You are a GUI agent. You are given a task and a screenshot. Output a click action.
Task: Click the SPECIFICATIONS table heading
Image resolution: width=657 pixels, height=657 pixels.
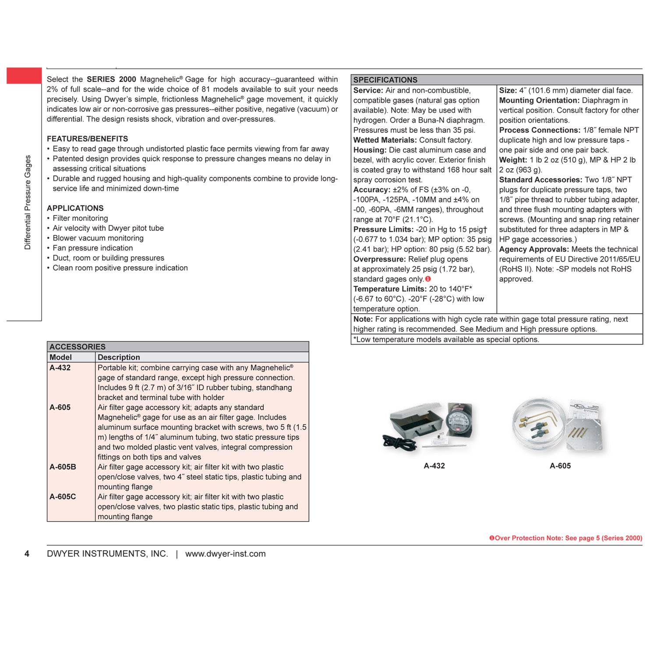[385, 80]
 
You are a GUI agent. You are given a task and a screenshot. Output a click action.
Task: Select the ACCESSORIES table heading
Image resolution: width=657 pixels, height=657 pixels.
[77, 346]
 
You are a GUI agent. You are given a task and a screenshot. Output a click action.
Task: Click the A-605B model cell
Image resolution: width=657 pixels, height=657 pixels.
[63, 467]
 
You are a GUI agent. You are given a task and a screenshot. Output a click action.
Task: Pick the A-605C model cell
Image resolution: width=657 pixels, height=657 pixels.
[63, 497]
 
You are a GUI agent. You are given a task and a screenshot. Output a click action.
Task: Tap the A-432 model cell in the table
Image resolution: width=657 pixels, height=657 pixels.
[60, 368]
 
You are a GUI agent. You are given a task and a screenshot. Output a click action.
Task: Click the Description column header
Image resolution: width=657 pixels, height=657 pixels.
[119, 357]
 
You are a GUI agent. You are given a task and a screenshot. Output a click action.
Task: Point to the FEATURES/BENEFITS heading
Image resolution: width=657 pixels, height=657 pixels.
[87, 139]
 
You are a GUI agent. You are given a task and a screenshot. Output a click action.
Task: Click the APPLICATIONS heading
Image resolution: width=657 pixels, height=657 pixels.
[75, 208]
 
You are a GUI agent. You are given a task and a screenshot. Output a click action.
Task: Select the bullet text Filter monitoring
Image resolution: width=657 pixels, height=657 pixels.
[80, 218]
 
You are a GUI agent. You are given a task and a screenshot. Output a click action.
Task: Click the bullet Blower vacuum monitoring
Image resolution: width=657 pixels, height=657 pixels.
[98, 238]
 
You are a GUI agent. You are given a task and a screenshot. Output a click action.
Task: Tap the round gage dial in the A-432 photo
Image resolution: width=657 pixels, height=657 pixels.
[459, 421]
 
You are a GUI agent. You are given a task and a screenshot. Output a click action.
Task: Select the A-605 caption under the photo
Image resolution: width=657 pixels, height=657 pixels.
[560, 466]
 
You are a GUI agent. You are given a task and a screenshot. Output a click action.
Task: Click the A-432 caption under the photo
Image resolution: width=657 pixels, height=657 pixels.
[434, 466]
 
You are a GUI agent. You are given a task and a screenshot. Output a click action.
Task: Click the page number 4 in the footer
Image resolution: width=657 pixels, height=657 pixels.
[27, 554]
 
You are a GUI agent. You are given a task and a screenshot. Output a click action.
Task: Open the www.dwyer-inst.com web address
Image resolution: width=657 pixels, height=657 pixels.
[225, 554]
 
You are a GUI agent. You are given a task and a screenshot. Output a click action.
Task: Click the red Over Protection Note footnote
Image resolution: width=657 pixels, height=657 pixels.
[565, 538]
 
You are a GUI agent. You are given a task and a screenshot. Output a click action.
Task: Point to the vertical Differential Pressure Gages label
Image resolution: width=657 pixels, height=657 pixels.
[28, 202]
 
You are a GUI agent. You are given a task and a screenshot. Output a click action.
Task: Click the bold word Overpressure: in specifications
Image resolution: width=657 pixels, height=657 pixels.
[379, 259]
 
